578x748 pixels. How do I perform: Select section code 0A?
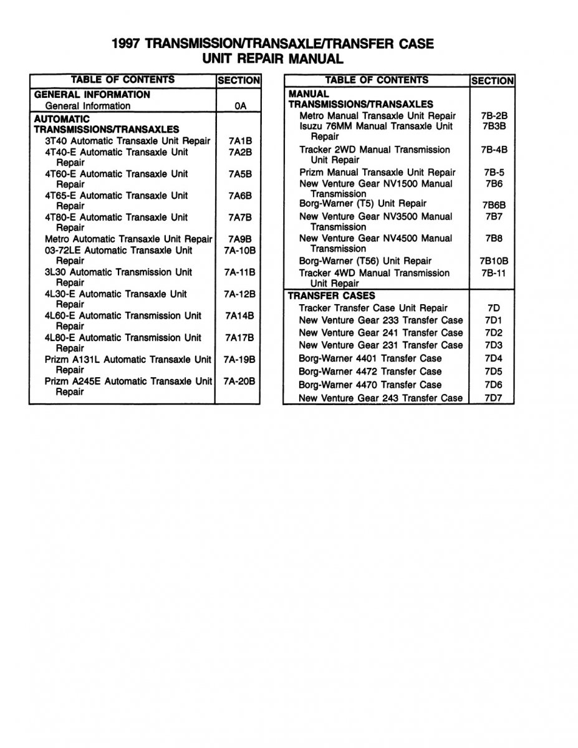(240, 107)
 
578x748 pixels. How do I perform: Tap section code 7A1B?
(240, 141)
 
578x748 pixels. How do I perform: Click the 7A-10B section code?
(240, 251)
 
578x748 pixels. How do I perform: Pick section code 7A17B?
(240, 338)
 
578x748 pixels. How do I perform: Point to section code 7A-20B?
(240, 381)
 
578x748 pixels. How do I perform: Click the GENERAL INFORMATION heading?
(92, 95)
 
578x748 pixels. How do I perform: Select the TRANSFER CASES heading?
(331, 295)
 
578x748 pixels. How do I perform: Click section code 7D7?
(493, 398)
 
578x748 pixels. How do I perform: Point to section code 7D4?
(493, 358)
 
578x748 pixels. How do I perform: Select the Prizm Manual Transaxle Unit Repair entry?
(377, 173)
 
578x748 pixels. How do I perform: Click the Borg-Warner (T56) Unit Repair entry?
(365, 261)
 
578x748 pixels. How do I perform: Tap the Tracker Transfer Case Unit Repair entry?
(373, 308)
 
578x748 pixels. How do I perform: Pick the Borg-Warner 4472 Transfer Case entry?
(370, 372)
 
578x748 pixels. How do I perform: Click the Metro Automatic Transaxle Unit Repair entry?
(128, 239)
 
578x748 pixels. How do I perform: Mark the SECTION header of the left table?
(238, 80)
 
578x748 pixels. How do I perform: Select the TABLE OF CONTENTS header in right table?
(377, 80)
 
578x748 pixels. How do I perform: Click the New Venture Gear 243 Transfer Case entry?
(380, 398)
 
